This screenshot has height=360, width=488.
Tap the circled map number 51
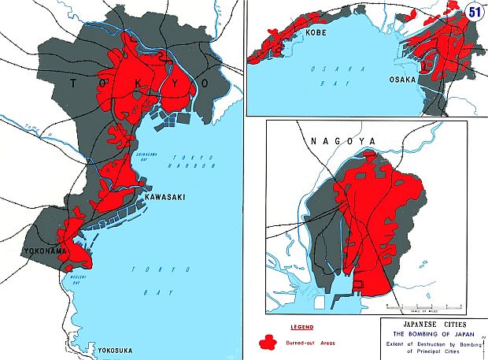474,12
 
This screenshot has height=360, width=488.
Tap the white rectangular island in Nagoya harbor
320,301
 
